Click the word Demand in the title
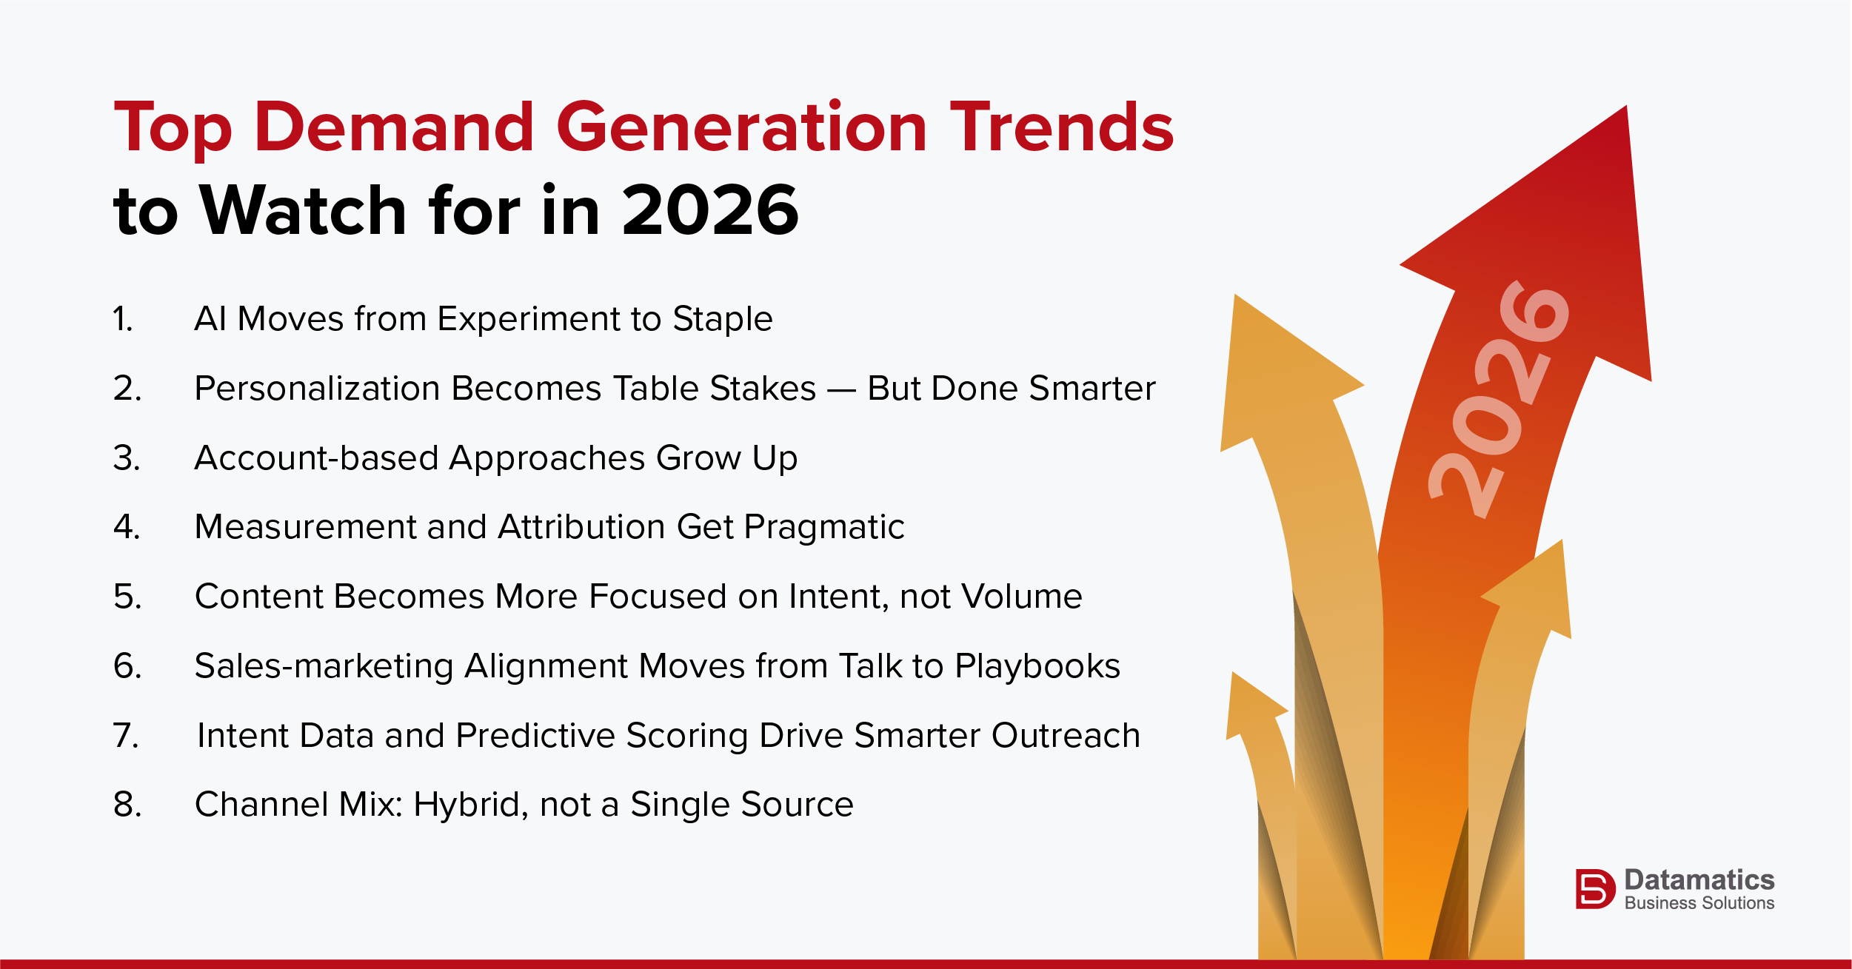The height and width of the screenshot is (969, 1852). click(394, 127)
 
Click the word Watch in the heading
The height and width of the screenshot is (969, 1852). click(304, 211)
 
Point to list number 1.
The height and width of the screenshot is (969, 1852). click(123, 319)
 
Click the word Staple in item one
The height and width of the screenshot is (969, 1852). click(722, 319)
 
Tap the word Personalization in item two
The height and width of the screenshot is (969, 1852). click(317, 389)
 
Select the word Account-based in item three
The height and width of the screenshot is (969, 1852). click(315, 457)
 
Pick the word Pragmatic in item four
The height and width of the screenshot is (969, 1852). click(823, 527)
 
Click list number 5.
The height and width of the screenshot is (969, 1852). click(127, 597)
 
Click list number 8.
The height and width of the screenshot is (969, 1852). click(127, 805)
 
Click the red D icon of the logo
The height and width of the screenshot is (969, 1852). click(1594, 888)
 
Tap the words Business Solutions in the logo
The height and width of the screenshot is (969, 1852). click(1699, 903)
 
